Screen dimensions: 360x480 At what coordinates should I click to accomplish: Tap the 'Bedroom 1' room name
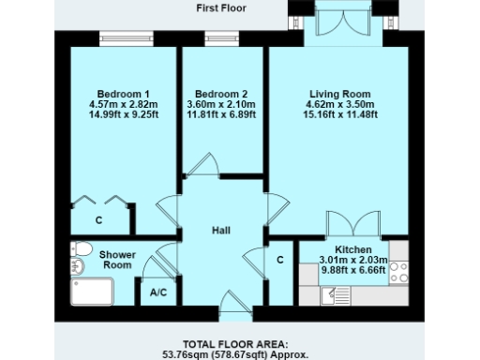coord(120,94)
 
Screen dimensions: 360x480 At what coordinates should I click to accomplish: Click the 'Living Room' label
coord(340,94)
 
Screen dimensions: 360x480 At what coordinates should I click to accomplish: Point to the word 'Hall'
coord(221,231)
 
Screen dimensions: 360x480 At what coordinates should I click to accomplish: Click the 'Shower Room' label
coord(117,260)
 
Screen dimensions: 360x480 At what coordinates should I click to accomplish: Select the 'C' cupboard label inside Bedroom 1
coord(98,221)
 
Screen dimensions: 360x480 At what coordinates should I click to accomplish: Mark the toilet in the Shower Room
coord(81,250)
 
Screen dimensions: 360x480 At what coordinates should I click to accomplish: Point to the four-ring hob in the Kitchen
coord(398,271)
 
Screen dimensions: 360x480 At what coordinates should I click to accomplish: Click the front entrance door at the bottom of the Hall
coord(229,304)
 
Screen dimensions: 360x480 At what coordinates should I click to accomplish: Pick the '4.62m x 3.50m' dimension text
coord(340,105)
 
